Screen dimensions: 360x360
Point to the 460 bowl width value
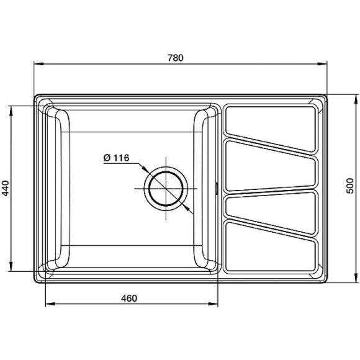pos(128,298)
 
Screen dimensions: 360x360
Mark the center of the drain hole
pos(166,187)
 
